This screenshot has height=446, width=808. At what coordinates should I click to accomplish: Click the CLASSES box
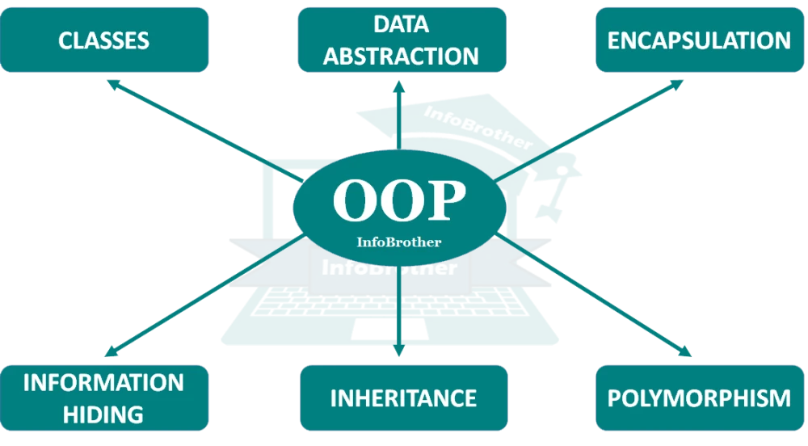pos(105,40)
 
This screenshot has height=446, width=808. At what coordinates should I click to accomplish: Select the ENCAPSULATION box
pos(700,40)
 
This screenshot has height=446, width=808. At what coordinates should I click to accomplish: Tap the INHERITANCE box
pos(403,398)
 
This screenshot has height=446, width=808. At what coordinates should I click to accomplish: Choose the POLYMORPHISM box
pos(700,398)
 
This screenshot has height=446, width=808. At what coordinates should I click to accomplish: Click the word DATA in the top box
pos(401,24)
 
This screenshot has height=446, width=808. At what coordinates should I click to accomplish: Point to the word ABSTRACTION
pos(402,56)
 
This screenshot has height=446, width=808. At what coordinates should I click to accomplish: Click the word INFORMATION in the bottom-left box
pos(103,382)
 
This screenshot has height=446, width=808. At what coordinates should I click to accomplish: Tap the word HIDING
pos(103,414)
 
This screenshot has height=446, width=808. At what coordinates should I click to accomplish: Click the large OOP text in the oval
pos(400,201)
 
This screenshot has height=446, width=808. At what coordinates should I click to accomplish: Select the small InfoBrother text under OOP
pos(399,242)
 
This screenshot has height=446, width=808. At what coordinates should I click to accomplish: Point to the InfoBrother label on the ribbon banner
pos(389,267)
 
